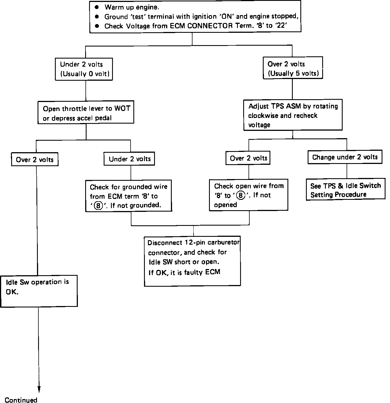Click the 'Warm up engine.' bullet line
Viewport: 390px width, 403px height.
pos(132,8)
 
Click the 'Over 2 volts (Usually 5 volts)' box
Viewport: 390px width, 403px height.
pos(293,68)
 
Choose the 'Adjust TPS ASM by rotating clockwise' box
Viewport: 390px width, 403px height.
pos(293,115)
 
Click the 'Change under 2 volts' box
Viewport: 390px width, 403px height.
pos(345,157)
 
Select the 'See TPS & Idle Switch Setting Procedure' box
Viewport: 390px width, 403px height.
pos(345,190)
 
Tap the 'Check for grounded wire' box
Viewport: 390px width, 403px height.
pos(128,196)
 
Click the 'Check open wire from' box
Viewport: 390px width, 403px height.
pos(249,195)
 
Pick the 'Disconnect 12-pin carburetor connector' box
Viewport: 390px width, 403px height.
pos(192,261)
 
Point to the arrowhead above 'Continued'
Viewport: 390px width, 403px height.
pos(39,389)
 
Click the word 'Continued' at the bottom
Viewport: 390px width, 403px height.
pos(21,400)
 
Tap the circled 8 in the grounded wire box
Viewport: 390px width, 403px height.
pos(98,206)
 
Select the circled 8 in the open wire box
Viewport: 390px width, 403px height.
pos(241,195)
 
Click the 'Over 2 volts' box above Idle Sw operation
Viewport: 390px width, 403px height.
pos(35,160)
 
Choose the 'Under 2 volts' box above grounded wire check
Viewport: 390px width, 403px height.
pos(129,159)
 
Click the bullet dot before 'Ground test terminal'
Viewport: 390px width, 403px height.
pos(97,17)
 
